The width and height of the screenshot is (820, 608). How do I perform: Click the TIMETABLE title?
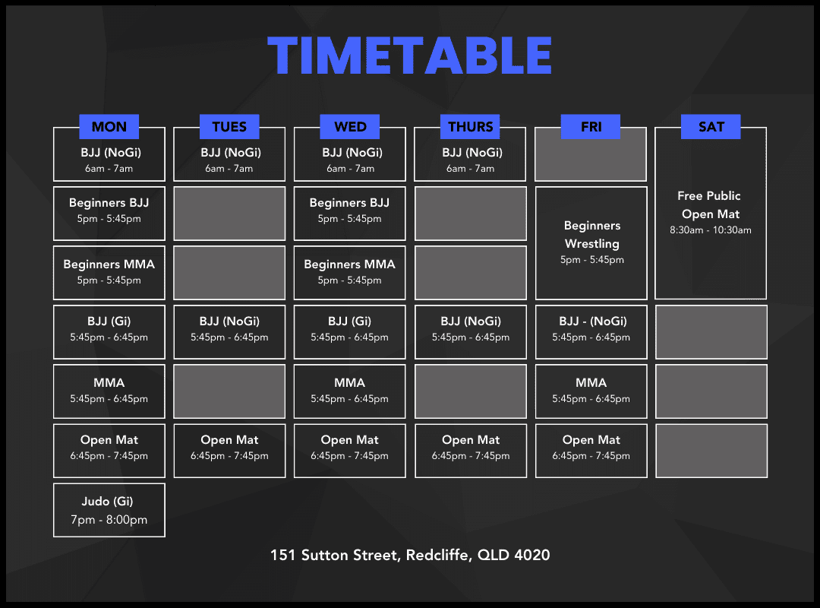[x=409, y=55]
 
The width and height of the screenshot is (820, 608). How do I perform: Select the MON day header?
[x=109, y=127]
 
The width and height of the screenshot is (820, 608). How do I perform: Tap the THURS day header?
[x=470, y=127]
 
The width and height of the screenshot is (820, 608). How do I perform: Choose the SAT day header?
[x=711, y=127]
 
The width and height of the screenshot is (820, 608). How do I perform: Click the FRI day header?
[x=591, y=127]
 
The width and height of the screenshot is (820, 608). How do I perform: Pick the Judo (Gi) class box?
[x=109, y=510]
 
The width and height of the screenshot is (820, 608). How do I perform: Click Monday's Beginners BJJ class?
[x=109, y=213]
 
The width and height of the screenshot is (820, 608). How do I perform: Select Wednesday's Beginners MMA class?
[x=349, y=273]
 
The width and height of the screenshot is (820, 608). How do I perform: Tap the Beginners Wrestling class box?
[x=591, y=243]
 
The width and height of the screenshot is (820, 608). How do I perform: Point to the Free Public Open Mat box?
[x=711, y=213]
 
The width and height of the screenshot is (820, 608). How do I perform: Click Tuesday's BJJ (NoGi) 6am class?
[x=229, y=154]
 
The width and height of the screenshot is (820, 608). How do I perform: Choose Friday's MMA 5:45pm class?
[x=591, y=391]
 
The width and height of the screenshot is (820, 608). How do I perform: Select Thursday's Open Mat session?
[x=471, y=451]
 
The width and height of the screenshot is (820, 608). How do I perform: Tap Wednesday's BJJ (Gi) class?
[x=349, y=332]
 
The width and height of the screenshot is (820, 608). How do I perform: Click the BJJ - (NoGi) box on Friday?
[x=591, y=332]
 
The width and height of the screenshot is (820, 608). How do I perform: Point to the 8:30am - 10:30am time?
[x=711, y=230]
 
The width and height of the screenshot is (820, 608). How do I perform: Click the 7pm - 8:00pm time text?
[x=109, y=520]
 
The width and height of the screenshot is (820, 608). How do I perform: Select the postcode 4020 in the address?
[x=531, y=555]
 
